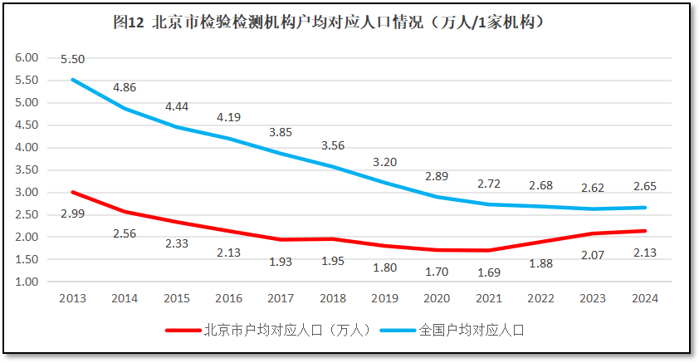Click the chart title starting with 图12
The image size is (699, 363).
(330, 23)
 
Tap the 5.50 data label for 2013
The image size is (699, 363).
(72, 59)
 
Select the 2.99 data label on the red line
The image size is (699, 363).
(72, 214)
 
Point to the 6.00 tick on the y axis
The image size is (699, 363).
(27, 58)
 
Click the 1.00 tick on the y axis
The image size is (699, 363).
(27, 282)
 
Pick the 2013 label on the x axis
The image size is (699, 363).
(72, 298)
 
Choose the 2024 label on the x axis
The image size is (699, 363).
(645, 298)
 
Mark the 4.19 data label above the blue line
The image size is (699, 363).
(228, 117)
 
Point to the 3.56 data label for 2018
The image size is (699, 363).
(333, 145)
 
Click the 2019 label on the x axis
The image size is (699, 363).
(385, 298)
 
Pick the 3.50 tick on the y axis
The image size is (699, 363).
(27, 169)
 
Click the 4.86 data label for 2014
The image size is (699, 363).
(125, 87)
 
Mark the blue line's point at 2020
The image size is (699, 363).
(437, 197)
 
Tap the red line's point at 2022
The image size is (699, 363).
(541, 242)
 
